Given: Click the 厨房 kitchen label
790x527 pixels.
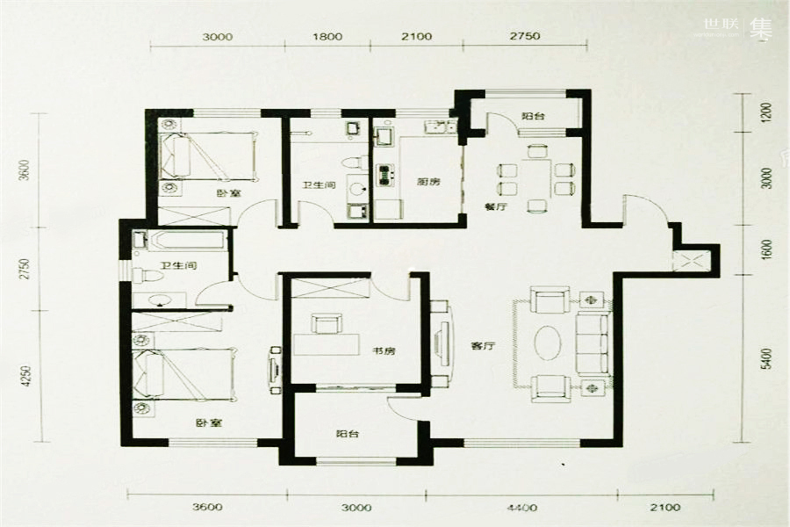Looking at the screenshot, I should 427,183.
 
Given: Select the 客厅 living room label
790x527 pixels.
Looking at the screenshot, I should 484,346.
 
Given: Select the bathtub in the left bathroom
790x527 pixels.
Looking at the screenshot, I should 180,241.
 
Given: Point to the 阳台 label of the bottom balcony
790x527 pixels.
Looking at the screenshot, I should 348,434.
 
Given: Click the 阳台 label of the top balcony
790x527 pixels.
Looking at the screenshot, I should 531,115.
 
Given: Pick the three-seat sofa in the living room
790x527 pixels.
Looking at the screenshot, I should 592,339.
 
